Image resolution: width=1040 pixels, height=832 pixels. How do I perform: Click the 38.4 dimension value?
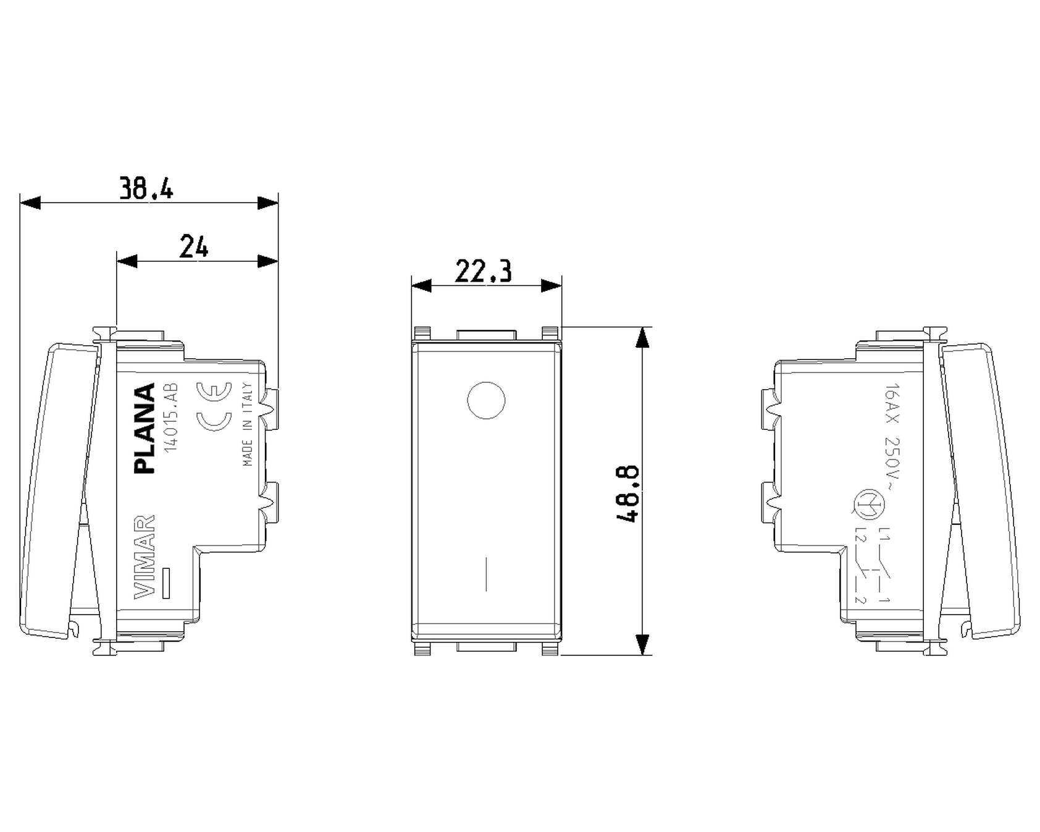(x=146, y=188)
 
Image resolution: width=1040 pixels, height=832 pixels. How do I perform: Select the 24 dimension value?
(x=194, y=246)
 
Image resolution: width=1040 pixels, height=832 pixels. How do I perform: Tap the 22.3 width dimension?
(x=483, y=271)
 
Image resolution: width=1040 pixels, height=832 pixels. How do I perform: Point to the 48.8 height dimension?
(x=627, y=494)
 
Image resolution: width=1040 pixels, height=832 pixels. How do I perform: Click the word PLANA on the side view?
(x=145, y=428)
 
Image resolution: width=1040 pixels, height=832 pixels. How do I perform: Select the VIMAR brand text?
(x=144, y=557)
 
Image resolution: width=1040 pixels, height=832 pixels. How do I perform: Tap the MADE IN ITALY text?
(x=247, y=424)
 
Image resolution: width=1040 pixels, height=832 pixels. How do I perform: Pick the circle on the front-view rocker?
(x=486, y=401)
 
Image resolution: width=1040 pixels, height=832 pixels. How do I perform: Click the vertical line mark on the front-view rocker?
(x=486, y=574)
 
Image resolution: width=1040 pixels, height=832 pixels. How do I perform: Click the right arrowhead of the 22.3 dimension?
(x=551, y=285)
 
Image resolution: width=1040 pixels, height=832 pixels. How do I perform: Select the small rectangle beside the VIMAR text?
(x=166, y=582)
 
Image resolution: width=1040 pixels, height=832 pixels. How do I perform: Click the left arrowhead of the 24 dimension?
(x=127, y=261)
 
